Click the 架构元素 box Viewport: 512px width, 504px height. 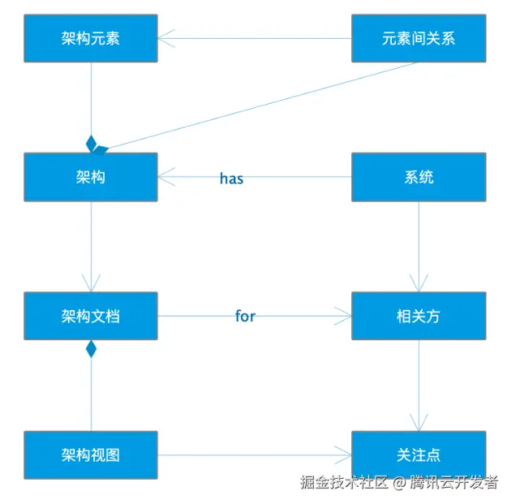click(90, 38)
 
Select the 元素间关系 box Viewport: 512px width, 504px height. click(418, 38)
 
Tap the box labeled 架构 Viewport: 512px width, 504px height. click(90, 177)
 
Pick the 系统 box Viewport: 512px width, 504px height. click(418, 177)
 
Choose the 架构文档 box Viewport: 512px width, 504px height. click(90, 316)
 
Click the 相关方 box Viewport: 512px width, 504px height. click(418, 316)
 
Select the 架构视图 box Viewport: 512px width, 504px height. click(90, 454)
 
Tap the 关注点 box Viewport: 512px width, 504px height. click(418, 454)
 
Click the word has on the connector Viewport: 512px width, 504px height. click(231, 179)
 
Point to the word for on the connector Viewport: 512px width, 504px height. click(245, 317)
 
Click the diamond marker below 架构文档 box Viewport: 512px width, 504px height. click(91, 349)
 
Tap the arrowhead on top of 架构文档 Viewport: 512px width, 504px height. click(91, 283)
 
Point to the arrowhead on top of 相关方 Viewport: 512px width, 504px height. click(419, 283)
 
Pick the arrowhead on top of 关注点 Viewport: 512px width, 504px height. click(419, 422)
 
